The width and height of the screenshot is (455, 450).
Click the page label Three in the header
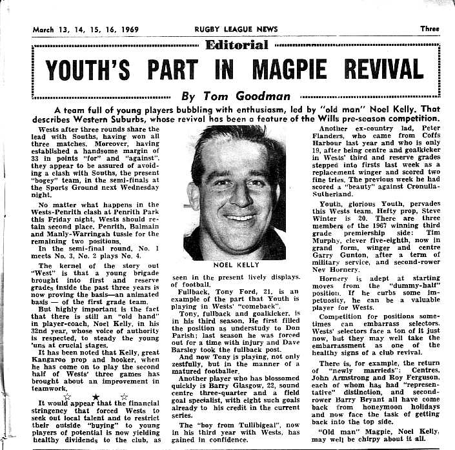pyautogui.click(x=429, y=29)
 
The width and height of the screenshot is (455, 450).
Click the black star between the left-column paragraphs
pyautogui.click(x=96, y=396)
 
